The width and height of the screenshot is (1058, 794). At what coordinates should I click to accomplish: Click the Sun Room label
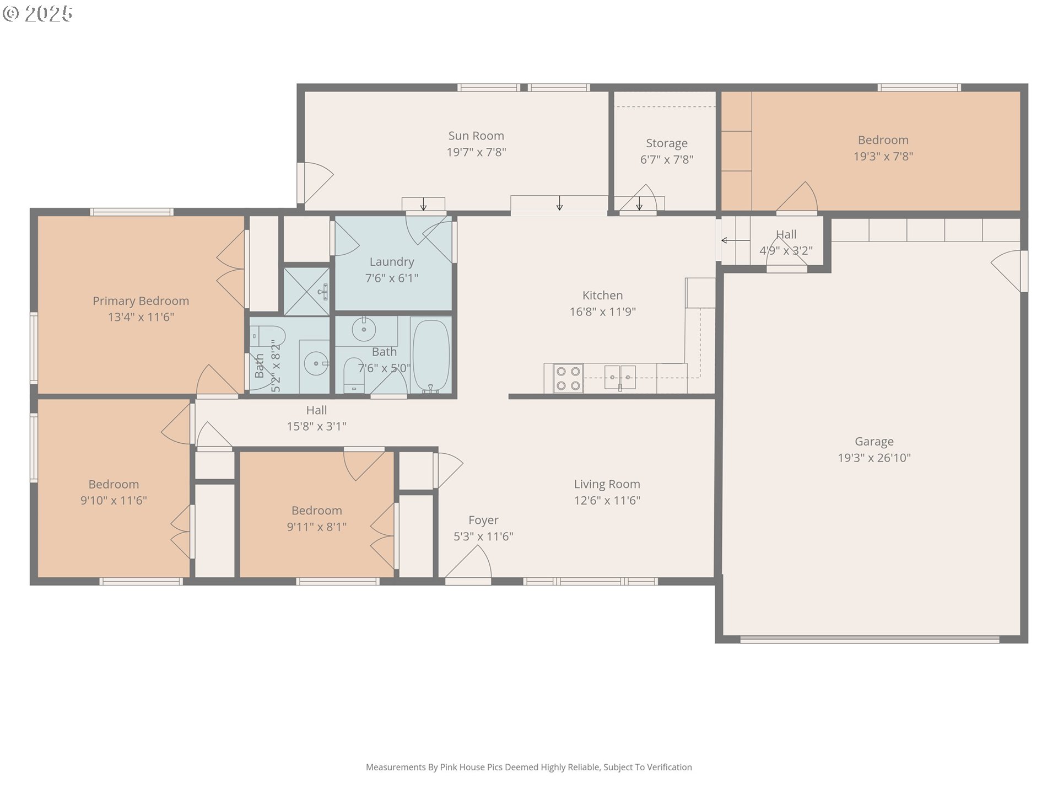[476, 136]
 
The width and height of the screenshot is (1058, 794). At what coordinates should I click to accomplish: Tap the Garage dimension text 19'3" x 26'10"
[874, 458]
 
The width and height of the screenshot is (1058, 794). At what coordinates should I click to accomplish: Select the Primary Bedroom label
[141, 301]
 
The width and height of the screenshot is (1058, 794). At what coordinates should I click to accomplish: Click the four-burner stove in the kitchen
[568, 378]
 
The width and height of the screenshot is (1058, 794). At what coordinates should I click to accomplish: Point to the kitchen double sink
[620, 378]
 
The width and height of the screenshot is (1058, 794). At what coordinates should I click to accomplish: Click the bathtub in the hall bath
[431, 356]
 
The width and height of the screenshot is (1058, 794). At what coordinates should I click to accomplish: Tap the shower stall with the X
[306, 291]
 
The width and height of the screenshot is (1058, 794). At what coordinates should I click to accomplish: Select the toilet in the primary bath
[267, 336]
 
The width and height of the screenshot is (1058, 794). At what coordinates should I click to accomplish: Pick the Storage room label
[667, 143]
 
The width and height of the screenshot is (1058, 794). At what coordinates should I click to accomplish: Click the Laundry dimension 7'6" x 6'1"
[392, 278]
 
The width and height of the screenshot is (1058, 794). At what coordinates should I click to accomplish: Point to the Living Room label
[607, 484]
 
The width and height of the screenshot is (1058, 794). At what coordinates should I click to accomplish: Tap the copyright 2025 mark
[37, 14]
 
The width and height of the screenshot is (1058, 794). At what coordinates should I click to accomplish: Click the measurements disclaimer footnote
[529, 767]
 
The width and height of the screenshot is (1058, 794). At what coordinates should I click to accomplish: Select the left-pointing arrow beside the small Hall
[736, 240]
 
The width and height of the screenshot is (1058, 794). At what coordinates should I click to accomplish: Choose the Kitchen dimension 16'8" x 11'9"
[603, 312]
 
